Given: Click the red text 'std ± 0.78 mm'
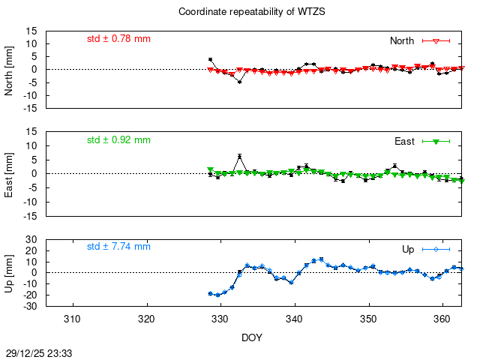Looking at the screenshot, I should click(118, 37).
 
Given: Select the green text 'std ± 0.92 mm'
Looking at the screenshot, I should click(118, 139).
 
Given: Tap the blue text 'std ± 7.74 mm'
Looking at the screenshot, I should click(118, 246).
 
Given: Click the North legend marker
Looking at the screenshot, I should click(436, 40).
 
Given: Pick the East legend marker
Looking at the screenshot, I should click(436, 141).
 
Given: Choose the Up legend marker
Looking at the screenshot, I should click(436, 249).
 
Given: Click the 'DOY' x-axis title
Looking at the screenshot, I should click(252, 338).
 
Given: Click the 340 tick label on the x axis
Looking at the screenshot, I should click(295, 319).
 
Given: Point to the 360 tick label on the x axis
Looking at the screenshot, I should click(442, 319).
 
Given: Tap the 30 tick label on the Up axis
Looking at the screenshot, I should click(33, 240).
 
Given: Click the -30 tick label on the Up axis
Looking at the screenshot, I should click(31, 306).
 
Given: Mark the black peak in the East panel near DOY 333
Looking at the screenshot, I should click(239, 156).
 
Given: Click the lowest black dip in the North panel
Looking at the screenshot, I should click(239, 81).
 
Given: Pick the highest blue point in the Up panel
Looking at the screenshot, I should click(321, 259).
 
